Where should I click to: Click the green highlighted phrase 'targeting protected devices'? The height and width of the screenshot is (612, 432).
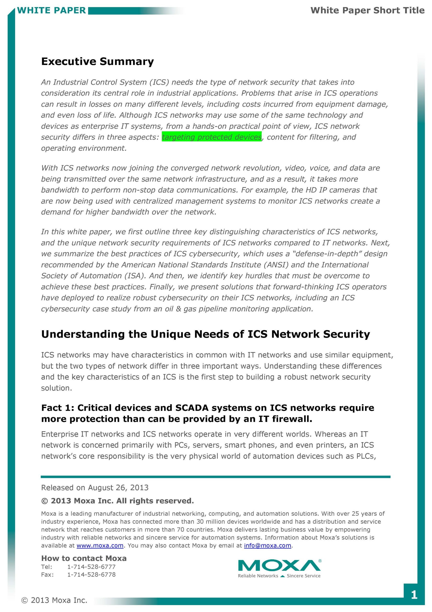tap(211, 137)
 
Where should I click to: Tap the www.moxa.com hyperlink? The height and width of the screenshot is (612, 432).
tap(100, 546)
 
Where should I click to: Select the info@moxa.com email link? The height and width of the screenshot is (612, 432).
tap(267, 546)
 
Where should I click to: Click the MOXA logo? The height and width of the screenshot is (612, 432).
tap(279, 565)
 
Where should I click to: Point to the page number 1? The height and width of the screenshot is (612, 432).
tap(414, 595)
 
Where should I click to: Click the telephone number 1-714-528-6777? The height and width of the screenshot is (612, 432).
tap(91, 567)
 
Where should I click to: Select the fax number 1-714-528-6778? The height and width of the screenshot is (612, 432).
tap(91, 574)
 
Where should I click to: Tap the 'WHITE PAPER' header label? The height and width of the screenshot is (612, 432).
tap(51, 10)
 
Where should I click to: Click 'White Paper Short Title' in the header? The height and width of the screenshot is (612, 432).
tap(367, 10)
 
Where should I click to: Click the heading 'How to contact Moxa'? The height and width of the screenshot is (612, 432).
tap(84, 558)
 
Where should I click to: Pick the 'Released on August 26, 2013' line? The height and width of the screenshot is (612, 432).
tap(95, 487)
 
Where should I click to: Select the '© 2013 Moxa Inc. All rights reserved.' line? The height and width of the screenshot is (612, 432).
tap(118, 501)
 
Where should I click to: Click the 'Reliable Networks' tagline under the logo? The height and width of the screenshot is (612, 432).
tap(258, 576)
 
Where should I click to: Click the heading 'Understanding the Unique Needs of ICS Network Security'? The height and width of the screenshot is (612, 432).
tap(205, 334)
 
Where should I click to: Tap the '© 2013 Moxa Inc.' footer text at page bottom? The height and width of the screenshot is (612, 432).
tap(54, 600)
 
